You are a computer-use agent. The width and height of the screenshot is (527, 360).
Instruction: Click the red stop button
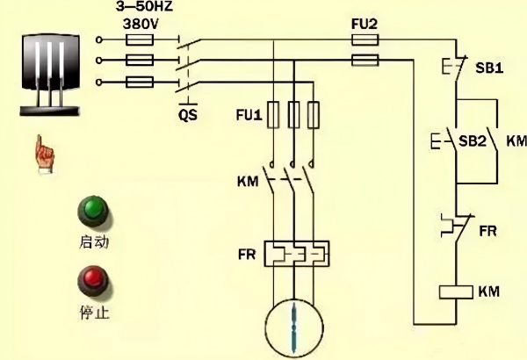(91, 282)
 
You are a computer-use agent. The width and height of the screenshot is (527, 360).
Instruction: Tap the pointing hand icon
(40, 153)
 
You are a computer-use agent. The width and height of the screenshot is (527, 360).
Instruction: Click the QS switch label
(187, 113)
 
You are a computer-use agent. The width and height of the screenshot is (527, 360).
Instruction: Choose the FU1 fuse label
(249, 114)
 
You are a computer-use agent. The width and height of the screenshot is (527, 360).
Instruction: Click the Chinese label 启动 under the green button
(93, 240)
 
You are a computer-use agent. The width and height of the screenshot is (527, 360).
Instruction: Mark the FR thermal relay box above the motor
(295, 254)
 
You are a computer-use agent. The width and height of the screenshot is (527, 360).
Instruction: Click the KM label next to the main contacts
(248, 182)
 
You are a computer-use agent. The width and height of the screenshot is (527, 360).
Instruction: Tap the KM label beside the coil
(487, 291)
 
